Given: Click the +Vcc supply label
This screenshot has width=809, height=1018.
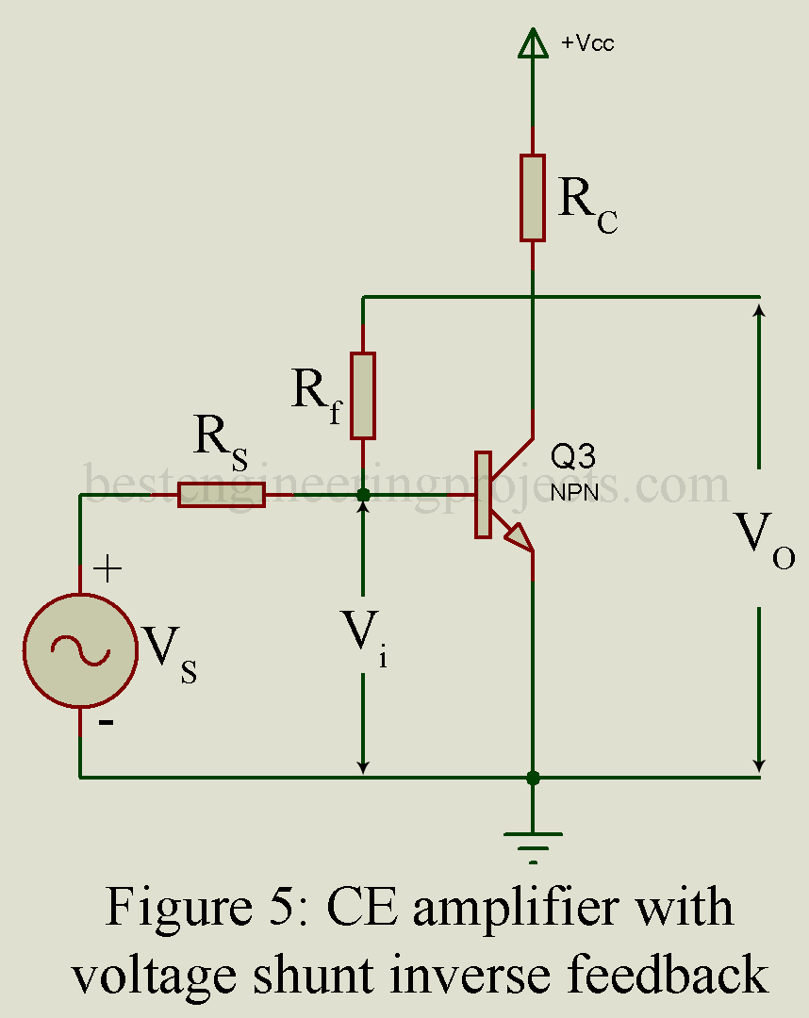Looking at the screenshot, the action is pyautogui.click(x=586, y=42).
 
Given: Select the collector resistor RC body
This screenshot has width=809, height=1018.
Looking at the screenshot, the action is pyautogui.click(x=533, y=198).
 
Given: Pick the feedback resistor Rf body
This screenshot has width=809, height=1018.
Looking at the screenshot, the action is pyautogui.click(x=363, y=396).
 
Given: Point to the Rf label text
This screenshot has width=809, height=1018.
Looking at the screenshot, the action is pyautogui.click(x=317, y=395).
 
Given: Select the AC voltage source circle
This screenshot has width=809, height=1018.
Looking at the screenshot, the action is pyautogui.click(x=80, y=649).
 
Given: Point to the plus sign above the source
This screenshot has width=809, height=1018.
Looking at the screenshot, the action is pyautogui.click(x=107, y=569).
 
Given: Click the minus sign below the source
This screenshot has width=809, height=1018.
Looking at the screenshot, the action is pyautogui.click(x=107, y=722).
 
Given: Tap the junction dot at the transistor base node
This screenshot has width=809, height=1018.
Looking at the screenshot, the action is pyautogui.click(x=364, y=496).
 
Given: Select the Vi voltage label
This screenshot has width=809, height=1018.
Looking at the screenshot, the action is pyautogui.click(x=365, y=638).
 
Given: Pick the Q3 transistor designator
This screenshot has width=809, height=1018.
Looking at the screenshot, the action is pyautogui.click(x=572, y=456).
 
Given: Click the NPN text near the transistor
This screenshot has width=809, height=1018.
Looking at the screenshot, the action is pyautogui.click(x=574, y=492).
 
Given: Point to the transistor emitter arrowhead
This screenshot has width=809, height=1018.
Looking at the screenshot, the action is pyautogui.click(x=519, y=537).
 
